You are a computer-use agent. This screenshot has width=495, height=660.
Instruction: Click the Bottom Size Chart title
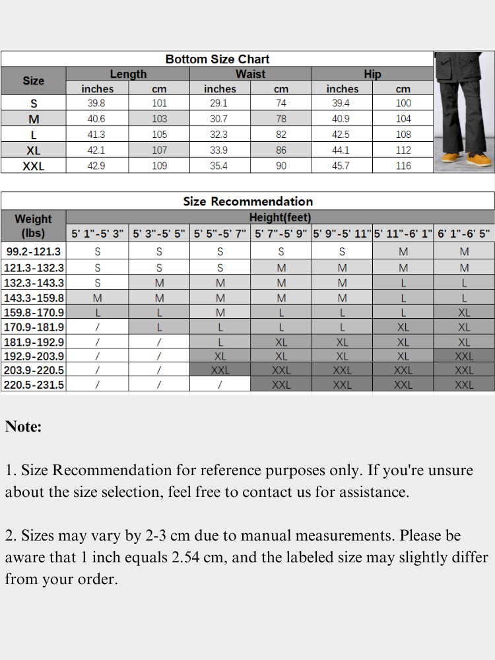(x=217, y=59)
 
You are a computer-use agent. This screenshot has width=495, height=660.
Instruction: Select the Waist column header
(x=250, y=74)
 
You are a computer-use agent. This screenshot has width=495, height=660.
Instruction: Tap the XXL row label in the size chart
(x=33, y=166)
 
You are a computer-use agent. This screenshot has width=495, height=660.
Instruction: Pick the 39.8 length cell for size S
(x=96, y=103)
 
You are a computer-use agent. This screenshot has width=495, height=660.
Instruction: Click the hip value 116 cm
(x=403, y=166)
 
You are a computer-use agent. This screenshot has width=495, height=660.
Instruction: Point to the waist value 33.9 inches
(x=218, y=150)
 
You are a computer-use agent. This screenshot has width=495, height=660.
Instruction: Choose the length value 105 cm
(x=159, y=135)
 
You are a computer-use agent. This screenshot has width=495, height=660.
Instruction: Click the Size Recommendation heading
(x=247, y=201)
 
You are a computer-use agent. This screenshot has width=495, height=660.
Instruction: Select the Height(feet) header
(x=280, y=217)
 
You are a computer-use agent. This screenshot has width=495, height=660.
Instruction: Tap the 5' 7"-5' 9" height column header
(x=280, y=234)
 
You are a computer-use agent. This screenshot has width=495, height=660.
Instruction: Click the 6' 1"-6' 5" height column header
(x=464, y=234)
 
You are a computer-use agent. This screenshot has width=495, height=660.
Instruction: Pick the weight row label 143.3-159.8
(x=34, y=298)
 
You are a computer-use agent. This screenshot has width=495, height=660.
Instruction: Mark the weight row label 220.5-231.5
(x=34, y=385)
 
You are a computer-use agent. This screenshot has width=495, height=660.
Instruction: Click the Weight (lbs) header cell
(x=33, y=225)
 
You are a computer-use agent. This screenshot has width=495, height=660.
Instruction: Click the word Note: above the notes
(x=23, y=427)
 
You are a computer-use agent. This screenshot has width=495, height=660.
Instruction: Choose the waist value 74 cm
(x=280, y=103)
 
